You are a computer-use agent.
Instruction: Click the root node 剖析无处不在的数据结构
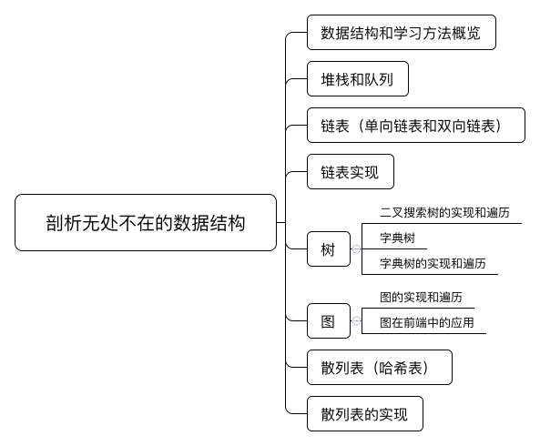coord(146,222)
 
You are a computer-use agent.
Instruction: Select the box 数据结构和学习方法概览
coord(402,33)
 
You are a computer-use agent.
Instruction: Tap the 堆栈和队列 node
coord(358,79)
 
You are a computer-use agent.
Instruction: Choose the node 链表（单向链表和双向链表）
coord(416,126)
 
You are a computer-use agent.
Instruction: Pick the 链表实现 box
coord(351,172)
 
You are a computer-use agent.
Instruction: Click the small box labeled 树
coord(329,248)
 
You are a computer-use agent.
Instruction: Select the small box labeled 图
coord(329,320)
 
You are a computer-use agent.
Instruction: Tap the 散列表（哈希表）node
coord(380,367)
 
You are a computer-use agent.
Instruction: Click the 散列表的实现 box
coord(365,413)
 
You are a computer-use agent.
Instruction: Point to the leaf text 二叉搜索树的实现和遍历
coord(444,213)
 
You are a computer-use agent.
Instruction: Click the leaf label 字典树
coord(397,238)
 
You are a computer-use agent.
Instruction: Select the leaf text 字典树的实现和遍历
coord(433,264)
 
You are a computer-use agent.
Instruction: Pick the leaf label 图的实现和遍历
coord(421,298)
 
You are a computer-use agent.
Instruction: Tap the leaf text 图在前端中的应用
coord(427,323)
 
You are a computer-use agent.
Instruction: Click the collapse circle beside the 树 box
coord(356,248)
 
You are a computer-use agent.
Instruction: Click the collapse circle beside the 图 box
coord(356,320)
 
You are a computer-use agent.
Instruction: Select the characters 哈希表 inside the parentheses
coord(401,368)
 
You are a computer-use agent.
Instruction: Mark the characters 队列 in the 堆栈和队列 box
coord(379,79)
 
